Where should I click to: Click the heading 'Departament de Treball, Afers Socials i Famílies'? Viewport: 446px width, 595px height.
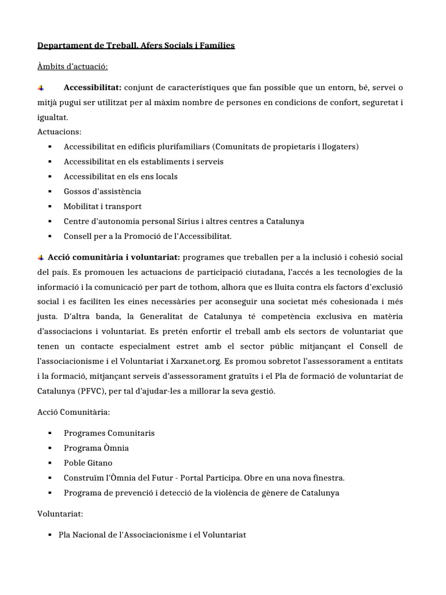[136, 45]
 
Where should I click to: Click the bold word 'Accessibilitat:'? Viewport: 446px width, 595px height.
[92, 88]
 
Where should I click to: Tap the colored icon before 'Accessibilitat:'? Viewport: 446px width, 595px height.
[41, 88]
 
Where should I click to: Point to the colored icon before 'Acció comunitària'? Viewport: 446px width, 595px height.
[41, 257]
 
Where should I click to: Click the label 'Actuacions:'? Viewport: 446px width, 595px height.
[59, 132]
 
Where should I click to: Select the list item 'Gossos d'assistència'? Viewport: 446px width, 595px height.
[102, 191]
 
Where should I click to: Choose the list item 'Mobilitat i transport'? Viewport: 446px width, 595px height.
[102, 206]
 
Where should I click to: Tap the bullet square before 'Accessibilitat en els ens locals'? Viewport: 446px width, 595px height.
[50, 177]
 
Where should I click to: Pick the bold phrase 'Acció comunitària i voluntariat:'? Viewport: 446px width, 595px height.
[114, 257]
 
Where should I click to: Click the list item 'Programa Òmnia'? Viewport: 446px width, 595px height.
[96, 448]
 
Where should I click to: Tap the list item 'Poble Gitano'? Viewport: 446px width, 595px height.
[88, 463]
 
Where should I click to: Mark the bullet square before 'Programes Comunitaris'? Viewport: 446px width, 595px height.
[50, 433]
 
